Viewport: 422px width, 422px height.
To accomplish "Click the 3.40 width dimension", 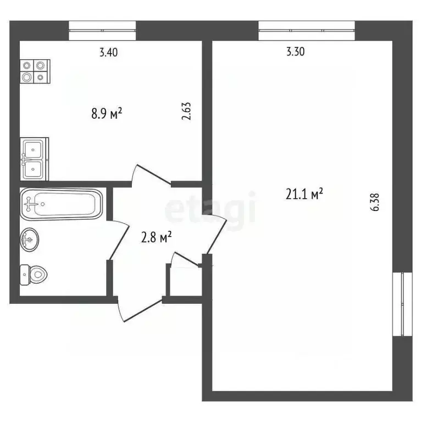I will point(108,53).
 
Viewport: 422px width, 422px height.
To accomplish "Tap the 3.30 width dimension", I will point(295,53).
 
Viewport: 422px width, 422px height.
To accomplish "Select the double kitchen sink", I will point(34,159).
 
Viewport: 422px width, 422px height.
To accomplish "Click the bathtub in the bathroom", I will point(61,203).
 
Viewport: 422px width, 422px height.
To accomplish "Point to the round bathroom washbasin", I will point(29,239).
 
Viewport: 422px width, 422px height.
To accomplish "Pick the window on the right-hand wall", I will point(404,303).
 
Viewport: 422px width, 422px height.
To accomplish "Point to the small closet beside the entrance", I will point(184,280).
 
